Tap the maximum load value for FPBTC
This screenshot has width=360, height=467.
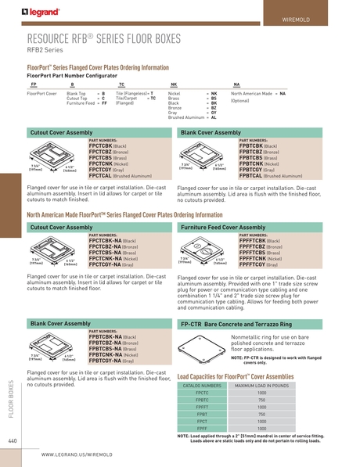(x=283, y=400)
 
